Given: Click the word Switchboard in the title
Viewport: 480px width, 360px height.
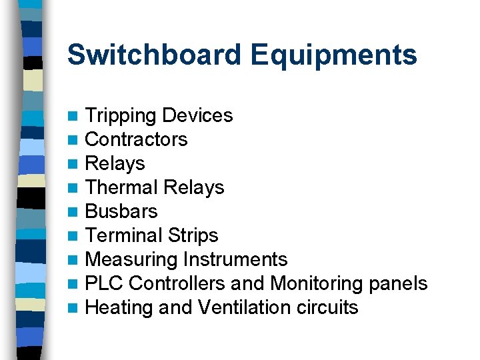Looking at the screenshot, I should click(155, 55).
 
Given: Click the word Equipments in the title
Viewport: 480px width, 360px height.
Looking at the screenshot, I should click(334, 55).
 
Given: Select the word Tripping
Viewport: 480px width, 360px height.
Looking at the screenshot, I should click(121, 116).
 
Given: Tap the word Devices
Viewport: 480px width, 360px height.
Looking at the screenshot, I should click(197, 115).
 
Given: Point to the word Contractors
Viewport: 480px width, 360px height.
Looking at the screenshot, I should click(137, 139).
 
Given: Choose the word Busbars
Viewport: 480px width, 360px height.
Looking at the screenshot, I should click(121, 211).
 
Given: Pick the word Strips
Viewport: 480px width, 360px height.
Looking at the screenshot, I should click(193, 235).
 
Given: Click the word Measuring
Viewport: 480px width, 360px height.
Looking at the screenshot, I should click(131, 259).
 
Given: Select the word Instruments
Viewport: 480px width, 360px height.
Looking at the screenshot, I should click(235, 259).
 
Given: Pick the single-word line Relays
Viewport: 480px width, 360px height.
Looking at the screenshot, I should click(115, 163).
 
